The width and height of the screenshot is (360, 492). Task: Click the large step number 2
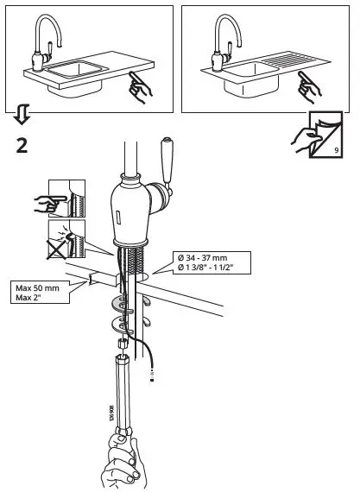22,143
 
